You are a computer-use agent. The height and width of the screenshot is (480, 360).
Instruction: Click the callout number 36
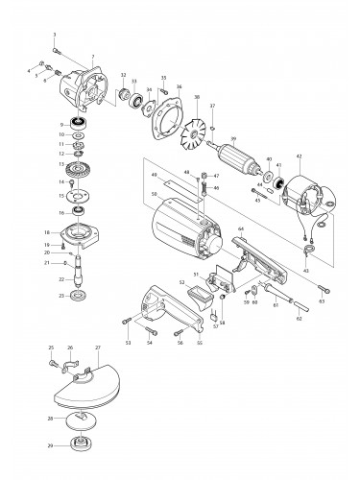[x=179, y=87]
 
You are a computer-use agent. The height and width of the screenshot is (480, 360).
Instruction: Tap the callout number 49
[x=152, y=175]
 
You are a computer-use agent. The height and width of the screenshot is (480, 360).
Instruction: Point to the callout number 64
[x=241, y=229]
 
